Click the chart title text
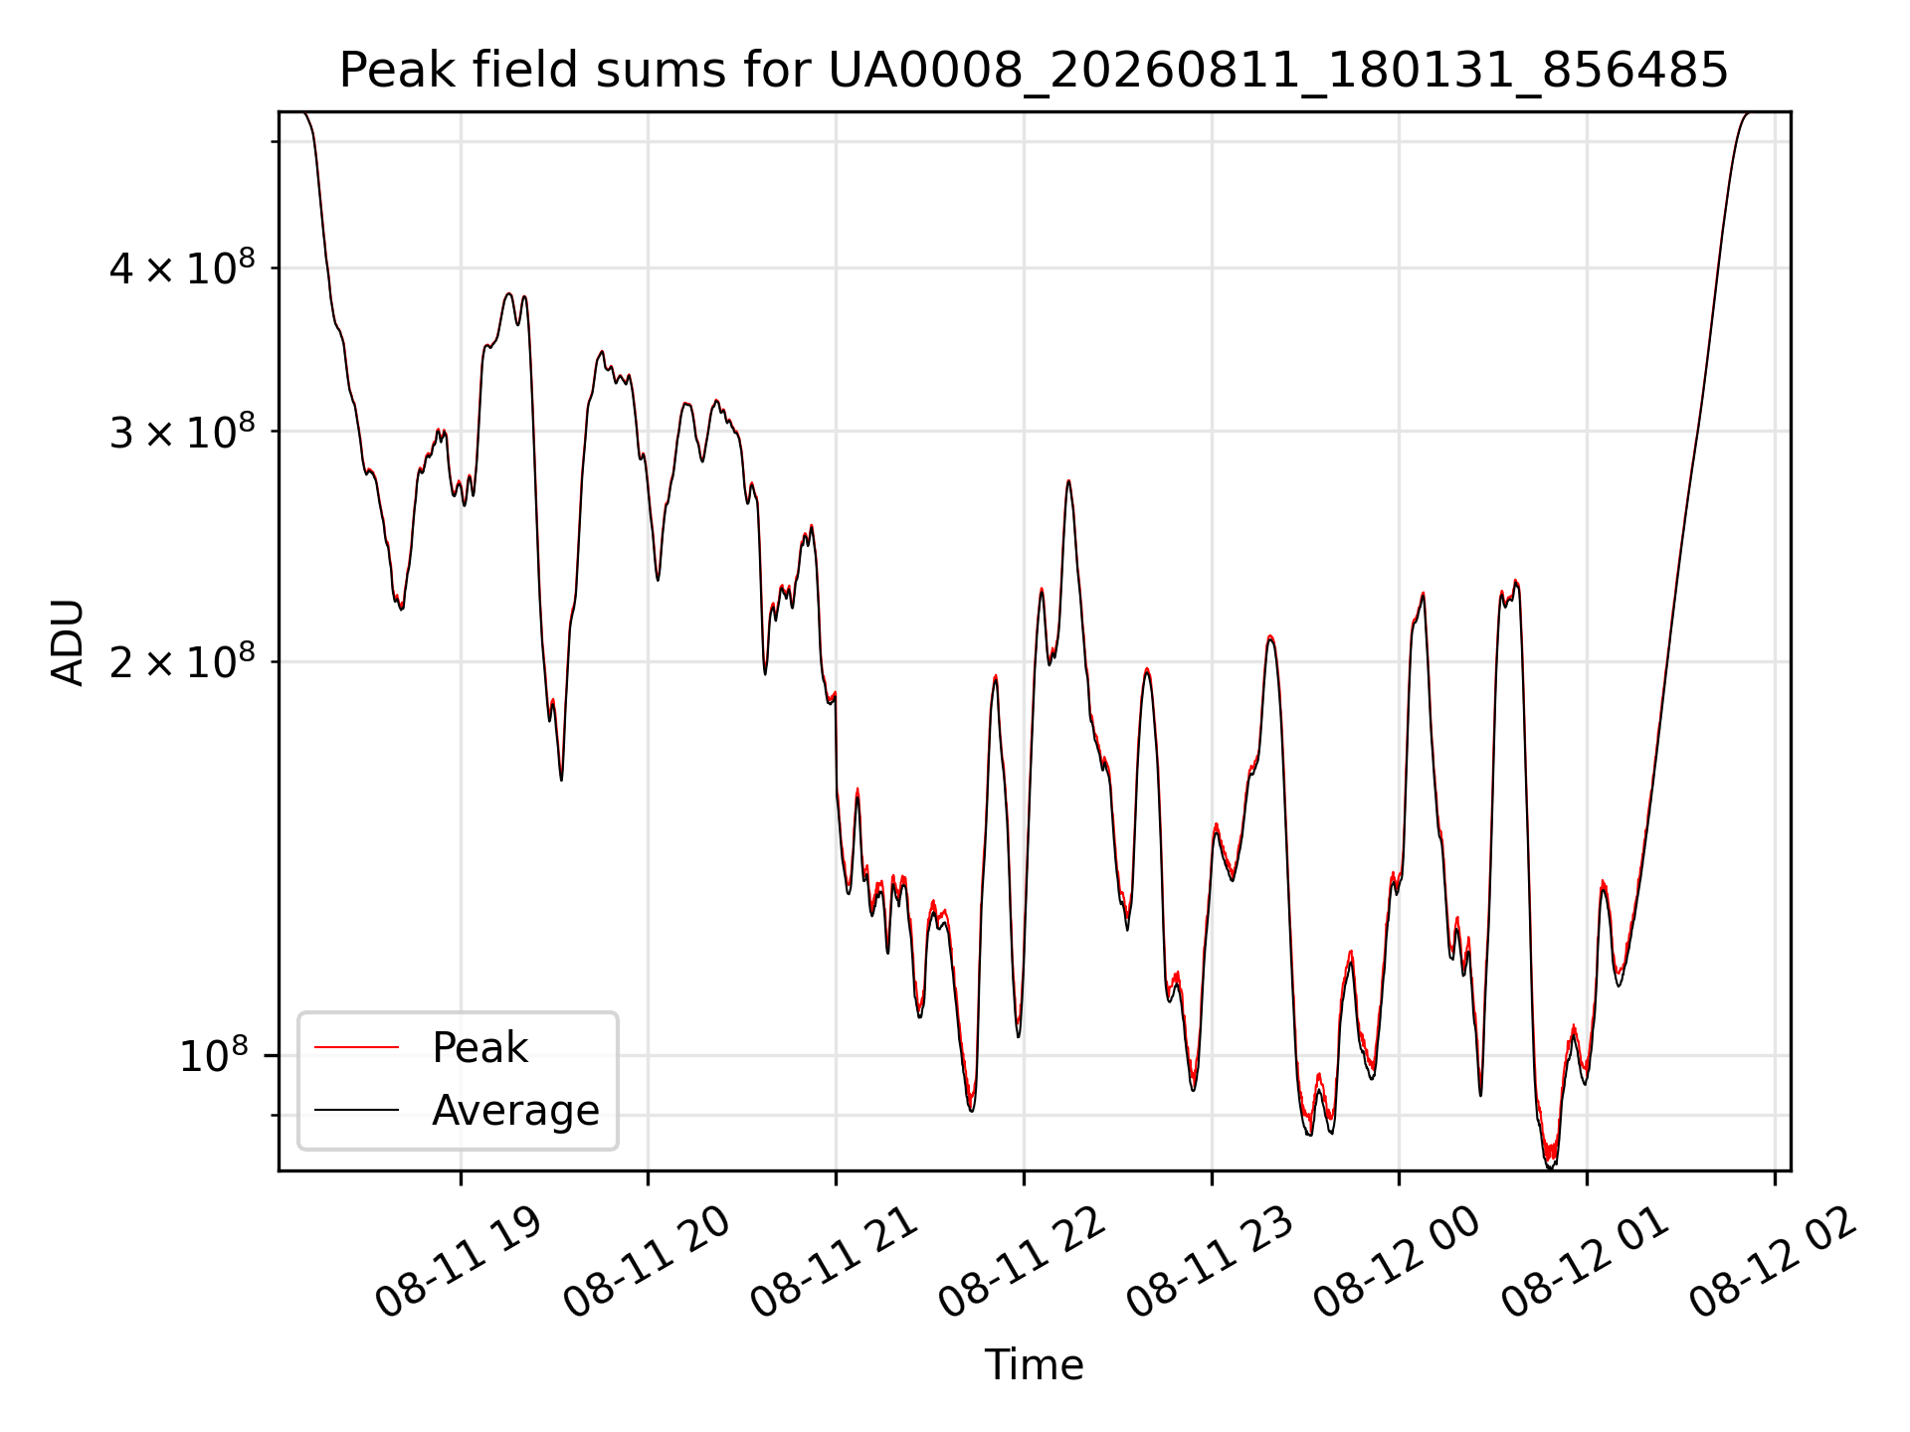click(x=1034, y=71)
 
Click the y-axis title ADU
click(x=68, y=642)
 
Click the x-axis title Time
click(x=1034, y=1365)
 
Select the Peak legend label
click(x=479, y=1048)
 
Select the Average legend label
click(x=515, y=1111)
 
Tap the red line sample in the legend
click(x=356, y=1047)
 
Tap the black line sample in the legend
click(x=356, y=1110)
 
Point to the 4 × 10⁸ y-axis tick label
click(x=182, y=268)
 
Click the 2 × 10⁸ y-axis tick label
click(x=182, y=661)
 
